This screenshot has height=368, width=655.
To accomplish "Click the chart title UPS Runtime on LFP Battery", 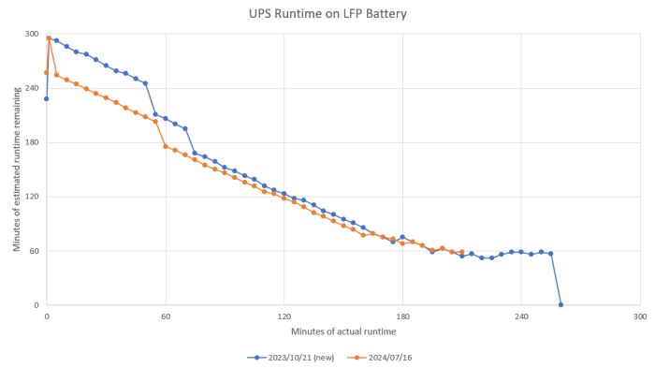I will pyautogui.click(x=327, y=14).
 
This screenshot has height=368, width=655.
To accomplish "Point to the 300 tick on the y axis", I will pyautogui.click(x=32, y=35).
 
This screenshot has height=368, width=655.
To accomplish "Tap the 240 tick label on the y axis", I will pyautogui.click(x=32, y=89).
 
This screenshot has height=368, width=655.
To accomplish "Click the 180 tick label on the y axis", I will pyautogui.click(x=32, y=143).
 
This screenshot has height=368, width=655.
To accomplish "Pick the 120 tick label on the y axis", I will pyautogui.click(x=32, y=198).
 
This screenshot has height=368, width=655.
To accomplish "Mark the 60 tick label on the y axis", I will pyautogui.click(x=34, y=252).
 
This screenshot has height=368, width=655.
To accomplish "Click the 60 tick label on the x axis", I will pyautogui.click(x=166, y=317).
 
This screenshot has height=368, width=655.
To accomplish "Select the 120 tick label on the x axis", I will pyautogui.click(x=284, y=317).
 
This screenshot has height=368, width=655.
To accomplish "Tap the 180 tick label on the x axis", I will pyautogui.click(x=403, y=317).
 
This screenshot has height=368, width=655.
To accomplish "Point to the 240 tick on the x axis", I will pyautogui.click(x=522, y=317).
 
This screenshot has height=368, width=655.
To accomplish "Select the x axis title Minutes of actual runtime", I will pyautogui.click(x=343, y=331).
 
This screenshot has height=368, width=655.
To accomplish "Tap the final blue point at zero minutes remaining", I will pyautogui.click(x=561, y=304).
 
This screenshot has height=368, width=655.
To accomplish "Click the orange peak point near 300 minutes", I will pyautogui.click(x=49, y=37).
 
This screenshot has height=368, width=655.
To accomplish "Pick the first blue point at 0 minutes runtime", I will pyautogui.click(x=47, y=98).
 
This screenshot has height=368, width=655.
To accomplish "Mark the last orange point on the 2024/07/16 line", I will pyautogui.click(x=462, y=252).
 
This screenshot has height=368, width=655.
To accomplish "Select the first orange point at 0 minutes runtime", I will pyautogui.click(x=47, y=72).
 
